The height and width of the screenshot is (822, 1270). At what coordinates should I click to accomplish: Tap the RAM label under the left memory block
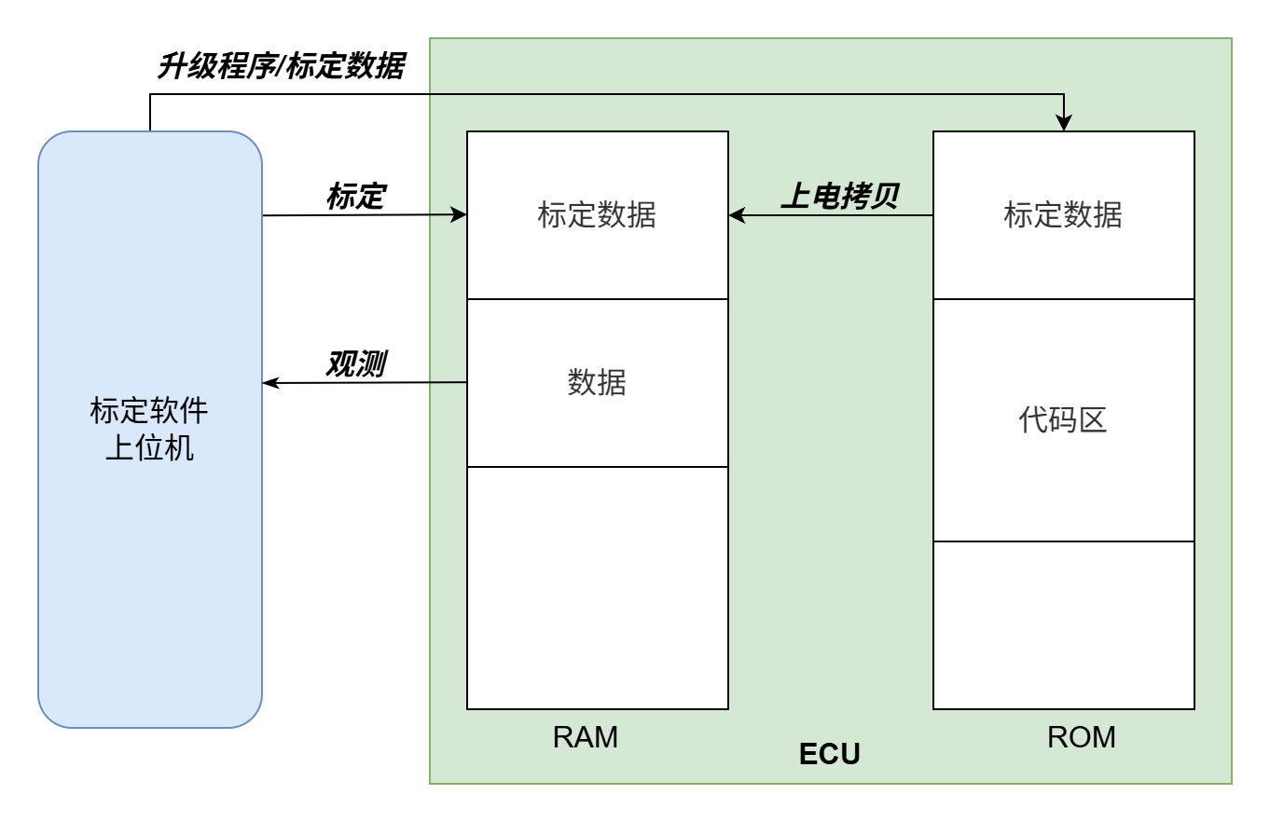pos(585,737)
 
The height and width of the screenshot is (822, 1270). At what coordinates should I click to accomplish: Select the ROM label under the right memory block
pos(1082,737)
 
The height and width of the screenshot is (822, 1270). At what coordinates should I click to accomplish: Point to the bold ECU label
pos(829,754)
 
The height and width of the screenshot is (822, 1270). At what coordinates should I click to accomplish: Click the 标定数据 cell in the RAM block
pos(597,215)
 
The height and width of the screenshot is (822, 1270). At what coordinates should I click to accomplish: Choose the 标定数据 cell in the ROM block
pos(1063,215)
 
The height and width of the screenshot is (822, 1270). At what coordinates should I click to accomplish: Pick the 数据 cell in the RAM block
pos(597,383)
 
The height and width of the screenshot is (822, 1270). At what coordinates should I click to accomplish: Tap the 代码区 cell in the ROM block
pos(1063,420)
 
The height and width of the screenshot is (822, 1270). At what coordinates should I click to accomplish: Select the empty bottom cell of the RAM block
pos(597,588)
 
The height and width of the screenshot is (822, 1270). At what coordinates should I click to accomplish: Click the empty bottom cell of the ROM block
pos(1063,625)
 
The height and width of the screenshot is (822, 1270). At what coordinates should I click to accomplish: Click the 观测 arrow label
pos(355,364)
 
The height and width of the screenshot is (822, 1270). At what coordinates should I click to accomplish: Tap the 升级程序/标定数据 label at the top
pos(280,68)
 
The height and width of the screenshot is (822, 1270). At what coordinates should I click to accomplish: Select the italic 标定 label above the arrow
pos(355,197)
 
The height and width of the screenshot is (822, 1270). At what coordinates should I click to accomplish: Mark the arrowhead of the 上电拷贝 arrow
pos(737,215)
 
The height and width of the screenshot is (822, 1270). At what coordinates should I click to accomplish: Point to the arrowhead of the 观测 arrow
pos(270,383)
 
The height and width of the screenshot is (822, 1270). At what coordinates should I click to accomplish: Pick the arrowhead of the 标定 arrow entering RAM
pos(459,215)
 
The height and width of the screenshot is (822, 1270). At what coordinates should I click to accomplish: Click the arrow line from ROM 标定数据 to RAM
pos(839,215)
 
